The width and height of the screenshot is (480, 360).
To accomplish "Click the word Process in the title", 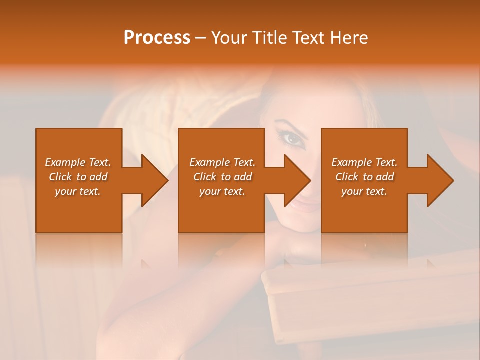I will [157, 38].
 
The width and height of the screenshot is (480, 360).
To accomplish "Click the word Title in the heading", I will [269, 38].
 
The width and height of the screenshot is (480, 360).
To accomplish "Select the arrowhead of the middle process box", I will [296, 180].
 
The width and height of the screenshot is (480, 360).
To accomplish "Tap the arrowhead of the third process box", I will [439, 180].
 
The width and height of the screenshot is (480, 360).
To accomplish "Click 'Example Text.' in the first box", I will [78, 162].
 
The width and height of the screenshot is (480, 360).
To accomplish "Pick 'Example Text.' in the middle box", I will [222, 162].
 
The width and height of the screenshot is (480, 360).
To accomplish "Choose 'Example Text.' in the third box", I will [364, 162].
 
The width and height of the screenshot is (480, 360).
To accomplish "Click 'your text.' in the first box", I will [78, 191].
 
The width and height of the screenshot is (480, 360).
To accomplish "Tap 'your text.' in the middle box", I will [222, 191].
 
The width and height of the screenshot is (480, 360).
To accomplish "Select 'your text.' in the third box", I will [364, 191].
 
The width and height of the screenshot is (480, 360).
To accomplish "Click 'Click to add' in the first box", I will [78, 177].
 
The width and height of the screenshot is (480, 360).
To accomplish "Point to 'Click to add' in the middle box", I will [222, 177].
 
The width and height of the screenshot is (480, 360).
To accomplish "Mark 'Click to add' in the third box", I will [364, 177].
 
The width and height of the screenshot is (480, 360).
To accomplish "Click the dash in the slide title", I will [201, 38].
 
